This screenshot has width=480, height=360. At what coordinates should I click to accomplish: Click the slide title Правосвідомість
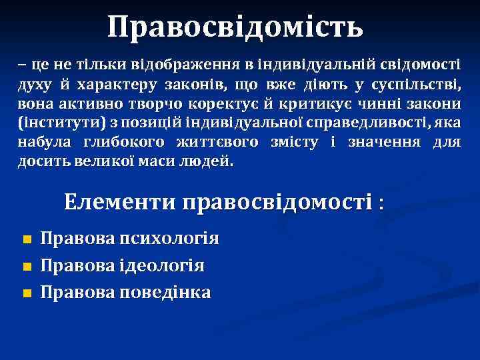tap(236, 27)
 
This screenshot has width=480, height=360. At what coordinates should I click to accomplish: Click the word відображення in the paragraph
tap(179, 66)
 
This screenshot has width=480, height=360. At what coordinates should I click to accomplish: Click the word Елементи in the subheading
tap(119, 202)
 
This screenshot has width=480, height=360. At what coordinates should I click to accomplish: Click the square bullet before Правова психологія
tap(27, 239)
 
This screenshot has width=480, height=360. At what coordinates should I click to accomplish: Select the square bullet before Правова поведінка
tap(27, 293)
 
